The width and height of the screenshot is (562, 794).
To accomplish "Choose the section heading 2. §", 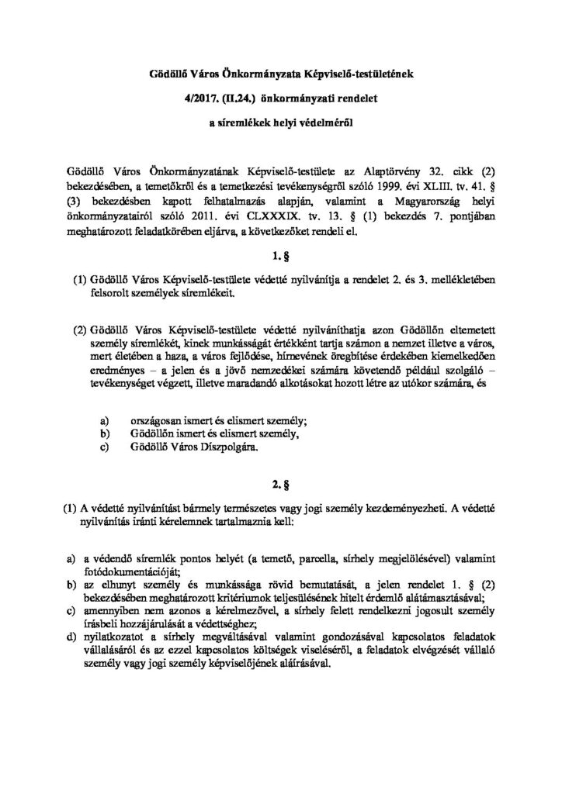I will pos(281,485).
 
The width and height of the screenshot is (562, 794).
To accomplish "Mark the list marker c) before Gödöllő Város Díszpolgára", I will pos(106,447).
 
